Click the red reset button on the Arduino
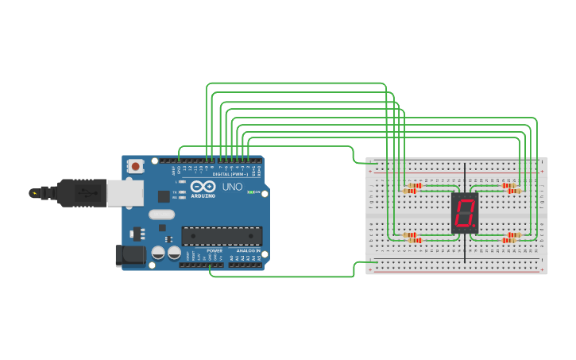point(136,166)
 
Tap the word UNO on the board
point(232,188)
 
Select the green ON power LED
point(251,192)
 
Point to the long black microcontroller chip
point(222,235)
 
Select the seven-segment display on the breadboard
point(465,212)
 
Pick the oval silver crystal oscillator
point(160,214)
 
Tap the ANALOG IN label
point(246,250)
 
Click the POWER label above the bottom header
point(203,250)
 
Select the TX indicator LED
point(182,192)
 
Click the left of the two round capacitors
point(159,253)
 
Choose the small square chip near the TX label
point(163,195)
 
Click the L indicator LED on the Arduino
point(182,182)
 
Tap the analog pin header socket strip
point(246,265)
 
